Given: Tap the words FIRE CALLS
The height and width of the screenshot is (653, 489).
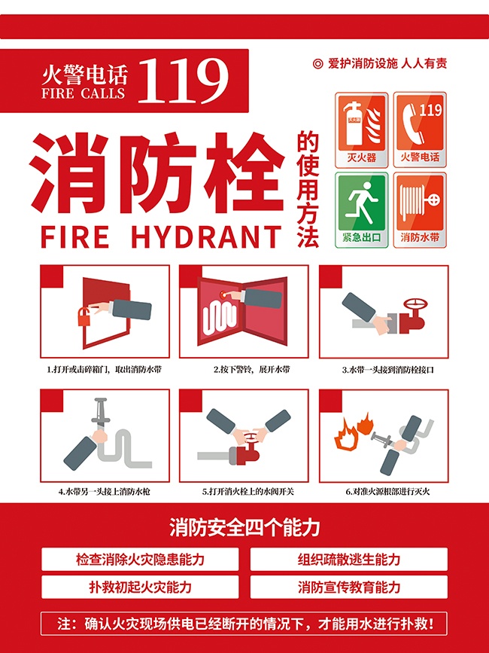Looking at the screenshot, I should point(84,94).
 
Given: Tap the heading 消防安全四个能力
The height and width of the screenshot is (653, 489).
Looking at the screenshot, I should point(244,527).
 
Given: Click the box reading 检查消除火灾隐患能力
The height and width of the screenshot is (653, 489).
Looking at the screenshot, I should point(140,560).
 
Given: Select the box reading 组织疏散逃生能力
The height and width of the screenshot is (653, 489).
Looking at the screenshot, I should point(349,560).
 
